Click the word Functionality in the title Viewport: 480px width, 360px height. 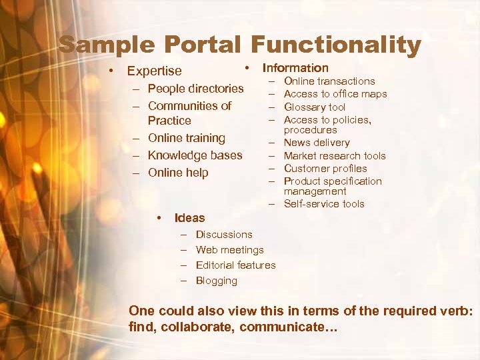pos(336,45)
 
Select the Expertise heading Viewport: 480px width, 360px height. pos(154,71)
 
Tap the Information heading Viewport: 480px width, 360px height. pos(295,67)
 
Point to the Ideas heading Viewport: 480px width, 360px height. pos(189,217)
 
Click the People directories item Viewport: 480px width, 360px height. pos(196,88)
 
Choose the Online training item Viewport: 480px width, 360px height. pos(187,138)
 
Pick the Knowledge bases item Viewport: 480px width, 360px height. pos(195,155)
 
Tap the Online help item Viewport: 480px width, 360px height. pos(178,173)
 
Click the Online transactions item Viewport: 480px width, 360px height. pos(329,81)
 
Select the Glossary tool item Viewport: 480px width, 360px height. pos(315,107)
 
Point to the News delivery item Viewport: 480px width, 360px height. pos(317,143)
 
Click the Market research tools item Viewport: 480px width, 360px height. pos(335,155)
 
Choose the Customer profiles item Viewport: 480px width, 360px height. pos(325,168)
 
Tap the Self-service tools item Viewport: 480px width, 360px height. pos(324,204)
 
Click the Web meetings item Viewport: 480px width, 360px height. pos(230,250)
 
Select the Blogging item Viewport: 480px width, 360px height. pos(217,281)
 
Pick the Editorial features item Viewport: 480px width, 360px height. pos(236,265)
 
